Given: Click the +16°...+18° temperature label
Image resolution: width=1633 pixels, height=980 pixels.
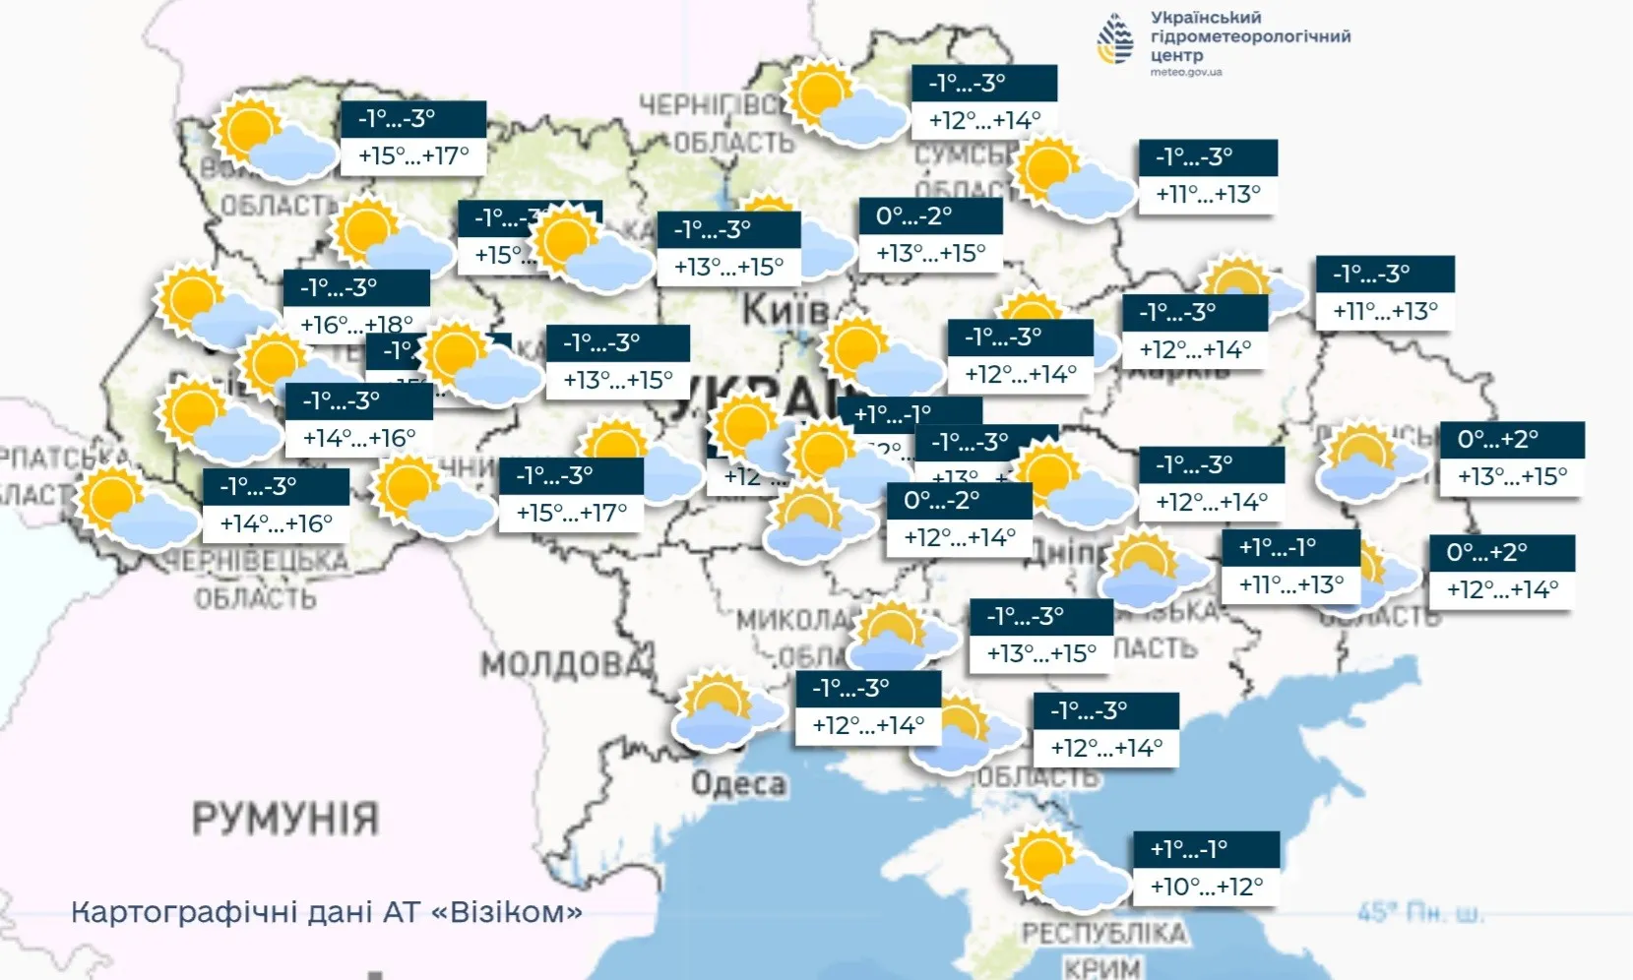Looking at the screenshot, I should point(356,324).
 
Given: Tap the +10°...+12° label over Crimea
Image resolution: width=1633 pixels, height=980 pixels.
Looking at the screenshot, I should point(1206,887).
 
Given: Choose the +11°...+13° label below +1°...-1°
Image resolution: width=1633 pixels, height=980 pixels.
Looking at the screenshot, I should point(1290,584).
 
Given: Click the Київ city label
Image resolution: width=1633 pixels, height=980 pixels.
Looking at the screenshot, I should point(785,310).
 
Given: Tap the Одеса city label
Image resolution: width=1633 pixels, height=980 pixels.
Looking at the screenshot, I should point(738,784).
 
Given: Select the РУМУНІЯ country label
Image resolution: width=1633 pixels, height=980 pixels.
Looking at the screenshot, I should point(285,819).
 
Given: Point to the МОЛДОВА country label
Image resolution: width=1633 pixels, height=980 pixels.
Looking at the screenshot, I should point(567,665).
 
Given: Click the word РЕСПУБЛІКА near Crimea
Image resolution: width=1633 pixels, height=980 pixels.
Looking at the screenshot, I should point(1103,933).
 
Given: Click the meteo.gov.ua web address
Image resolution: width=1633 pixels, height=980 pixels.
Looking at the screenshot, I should point(1186,73).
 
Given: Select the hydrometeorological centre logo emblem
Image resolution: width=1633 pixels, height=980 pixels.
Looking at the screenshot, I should point(1116,39).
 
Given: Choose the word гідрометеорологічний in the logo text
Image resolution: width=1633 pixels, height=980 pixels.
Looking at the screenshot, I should point(1250,36).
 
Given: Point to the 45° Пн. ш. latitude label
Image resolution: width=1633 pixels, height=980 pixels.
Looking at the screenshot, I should point(1420,913).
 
